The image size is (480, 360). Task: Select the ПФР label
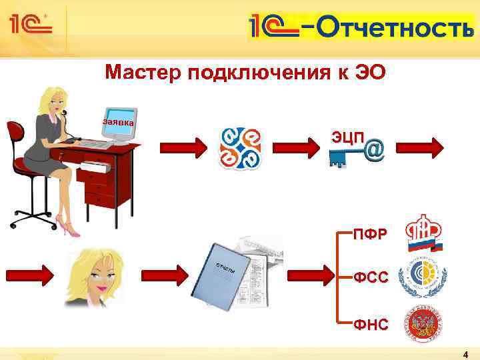coord(370,235)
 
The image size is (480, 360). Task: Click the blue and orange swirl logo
coord(241,147)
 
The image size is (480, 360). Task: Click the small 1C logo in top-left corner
coord(30,25)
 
